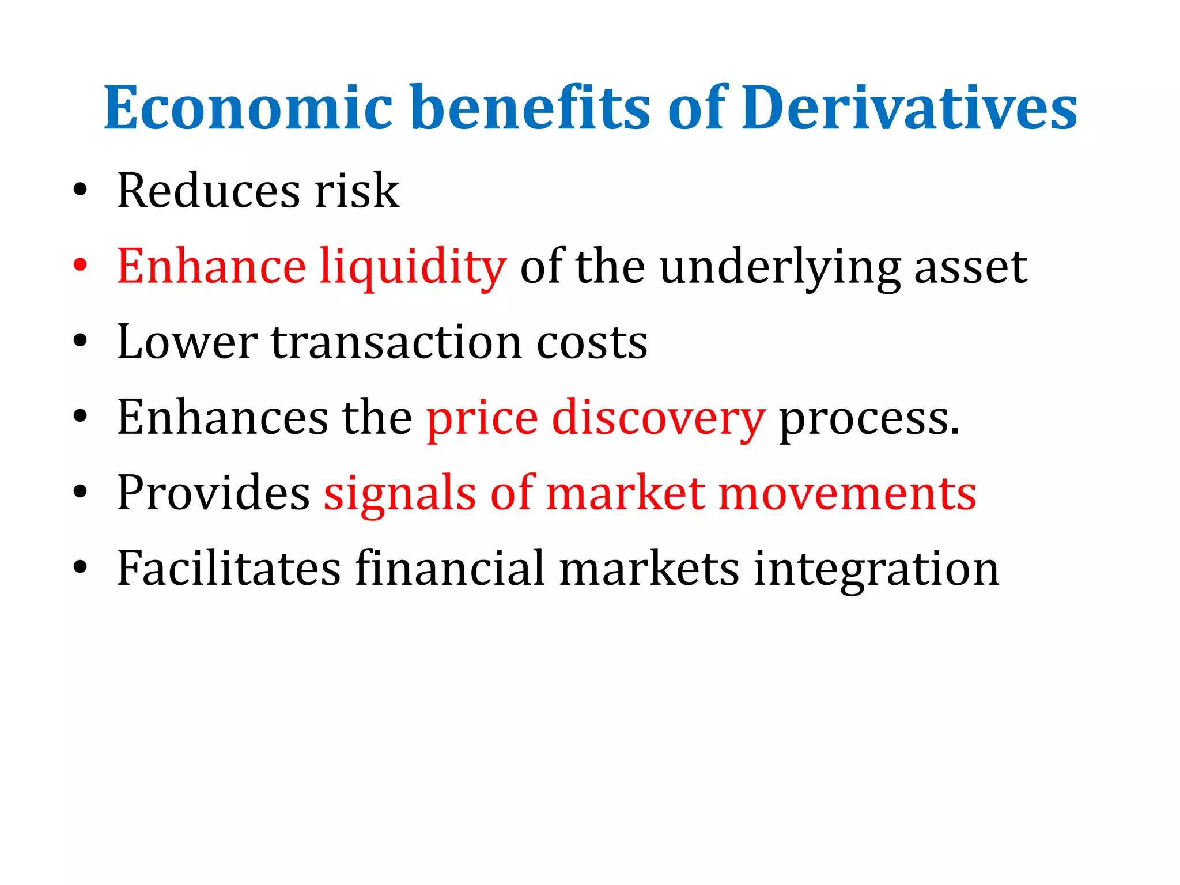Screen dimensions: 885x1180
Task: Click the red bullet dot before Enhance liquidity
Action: click(80, 266)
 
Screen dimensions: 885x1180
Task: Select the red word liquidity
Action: click(413, 267)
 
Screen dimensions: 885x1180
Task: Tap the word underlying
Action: click(780, 267)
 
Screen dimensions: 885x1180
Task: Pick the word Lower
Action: click(187, 342)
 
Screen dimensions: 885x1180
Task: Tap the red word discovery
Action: click(659, 418)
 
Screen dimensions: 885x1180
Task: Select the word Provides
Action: click(213, 493)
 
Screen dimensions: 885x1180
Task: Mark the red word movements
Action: click(848, 494)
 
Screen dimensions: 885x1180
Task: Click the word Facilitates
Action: click(229, 569)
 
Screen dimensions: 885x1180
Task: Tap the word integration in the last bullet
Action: click(876, 570)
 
